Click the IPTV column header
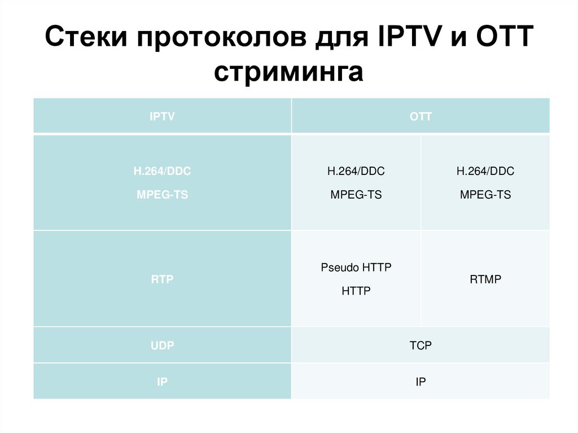[162, 117]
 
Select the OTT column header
[421, 117]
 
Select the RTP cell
[162, 279]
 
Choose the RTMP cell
[485, 279]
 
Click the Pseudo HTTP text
[356, 268]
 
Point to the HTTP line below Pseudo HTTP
[356, 291]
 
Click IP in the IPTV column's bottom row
[162, 382]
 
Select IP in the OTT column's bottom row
[421, 382]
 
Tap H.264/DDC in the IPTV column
[162, 171]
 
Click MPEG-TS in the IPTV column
[162, 195]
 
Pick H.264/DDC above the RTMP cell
[485, 171]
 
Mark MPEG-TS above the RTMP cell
[485, 195]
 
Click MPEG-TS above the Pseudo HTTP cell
[356, 195]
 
